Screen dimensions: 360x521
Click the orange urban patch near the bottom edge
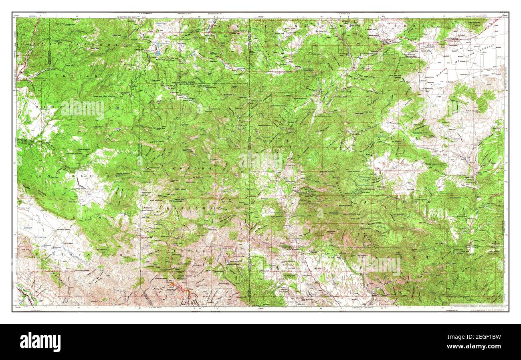point(173,284)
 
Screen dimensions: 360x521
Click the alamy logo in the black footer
point(40,342)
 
